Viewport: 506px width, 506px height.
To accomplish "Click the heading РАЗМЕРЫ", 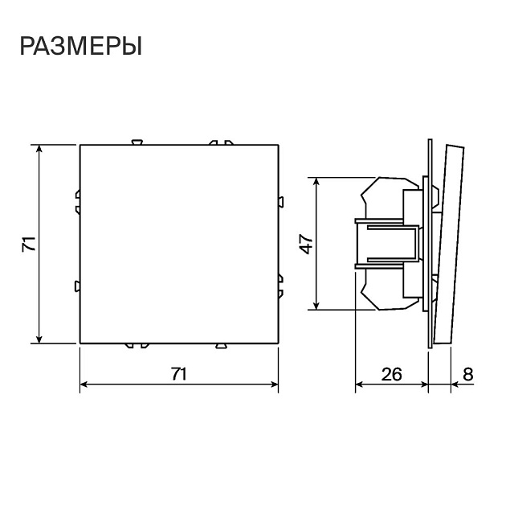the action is pos(81,47).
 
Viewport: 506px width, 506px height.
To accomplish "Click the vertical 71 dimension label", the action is pos(30,244).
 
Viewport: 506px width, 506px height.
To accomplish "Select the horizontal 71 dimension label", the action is pos(179,374).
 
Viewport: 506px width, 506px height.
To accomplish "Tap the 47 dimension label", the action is pos(306,245).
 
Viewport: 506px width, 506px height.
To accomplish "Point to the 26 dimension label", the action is pos(392,374).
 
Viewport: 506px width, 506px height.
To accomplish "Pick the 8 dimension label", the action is pos(468,374).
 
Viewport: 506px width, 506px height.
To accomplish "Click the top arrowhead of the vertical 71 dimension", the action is pos(39,149).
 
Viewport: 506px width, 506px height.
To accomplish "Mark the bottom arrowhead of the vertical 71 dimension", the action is pos(39,339).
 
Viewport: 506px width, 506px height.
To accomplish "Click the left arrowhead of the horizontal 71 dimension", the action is pos(84,385).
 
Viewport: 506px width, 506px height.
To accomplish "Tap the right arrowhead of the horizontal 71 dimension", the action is pos(274,385).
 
